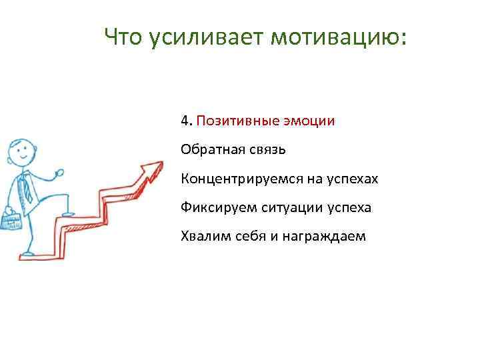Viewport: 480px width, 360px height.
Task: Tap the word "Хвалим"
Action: [202, 236]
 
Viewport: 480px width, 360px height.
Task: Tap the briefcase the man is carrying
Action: [11, 219]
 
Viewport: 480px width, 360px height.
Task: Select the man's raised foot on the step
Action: [67, 212]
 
